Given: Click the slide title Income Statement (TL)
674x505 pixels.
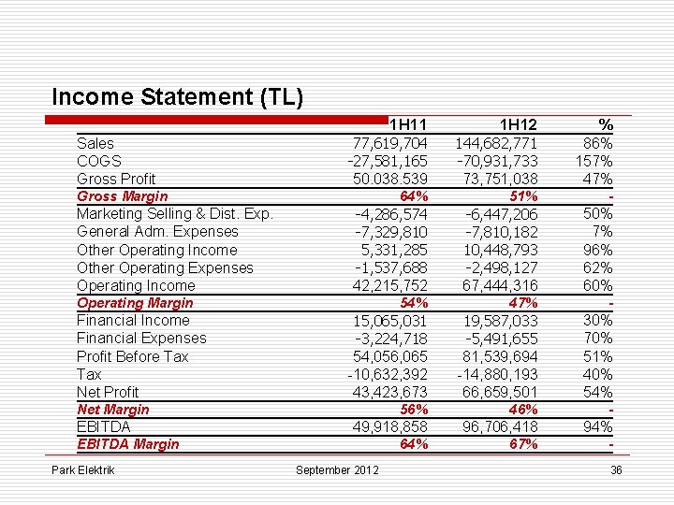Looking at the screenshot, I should tap(178, 97).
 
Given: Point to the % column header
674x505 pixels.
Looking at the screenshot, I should tap(606, 125).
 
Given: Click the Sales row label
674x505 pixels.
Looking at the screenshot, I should tap(95, 143).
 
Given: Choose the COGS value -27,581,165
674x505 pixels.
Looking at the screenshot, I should tap(388, 161).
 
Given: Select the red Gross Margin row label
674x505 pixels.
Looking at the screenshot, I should tap(122, 196).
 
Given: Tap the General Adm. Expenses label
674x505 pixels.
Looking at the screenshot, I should tap(157, 232).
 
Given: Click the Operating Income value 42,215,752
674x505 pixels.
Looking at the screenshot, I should tap(390, 285).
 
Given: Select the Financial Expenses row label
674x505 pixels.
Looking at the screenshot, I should tap(141, 338).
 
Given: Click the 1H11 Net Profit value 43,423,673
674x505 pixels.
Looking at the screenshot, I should tap(390, 392).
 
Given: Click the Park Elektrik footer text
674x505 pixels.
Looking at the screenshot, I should tap(83, 469).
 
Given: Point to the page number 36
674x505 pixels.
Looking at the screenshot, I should tap(615, 469).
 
